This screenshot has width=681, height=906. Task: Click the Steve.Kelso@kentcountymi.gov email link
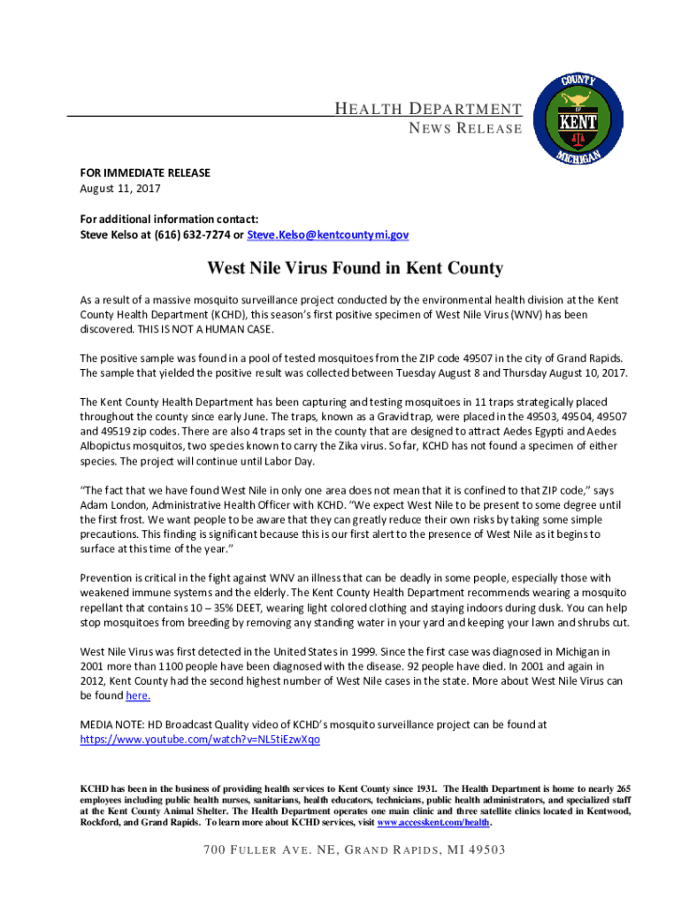(328, 235)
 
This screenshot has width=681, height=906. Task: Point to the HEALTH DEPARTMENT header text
(427, 110)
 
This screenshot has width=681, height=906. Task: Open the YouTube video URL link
(200, 739)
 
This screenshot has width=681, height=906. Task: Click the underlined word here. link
(138, 696)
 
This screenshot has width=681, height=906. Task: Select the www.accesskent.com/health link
(433, 823)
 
